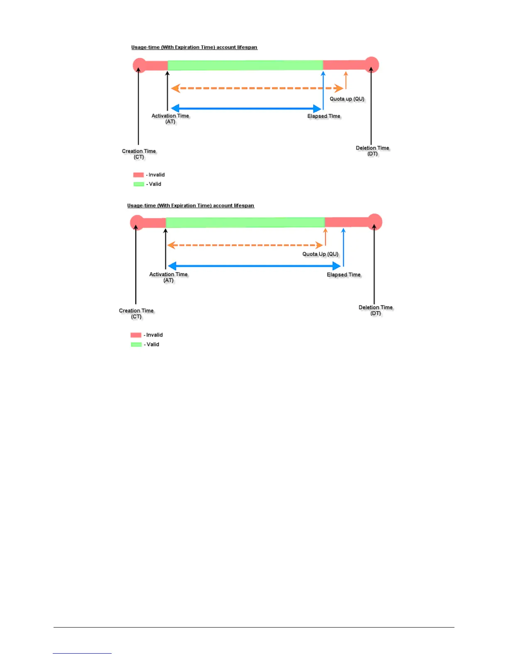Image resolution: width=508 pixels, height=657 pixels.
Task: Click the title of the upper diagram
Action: coord(194,47)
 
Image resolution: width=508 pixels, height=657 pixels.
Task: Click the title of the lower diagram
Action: coord(190,206)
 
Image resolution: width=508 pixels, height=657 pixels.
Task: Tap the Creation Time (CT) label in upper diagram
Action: coord(139,154)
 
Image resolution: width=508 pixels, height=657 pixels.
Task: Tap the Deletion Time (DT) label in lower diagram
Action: coord(376,310)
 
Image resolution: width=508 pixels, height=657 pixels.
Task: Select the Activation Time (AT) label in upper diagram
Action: coord(170,119)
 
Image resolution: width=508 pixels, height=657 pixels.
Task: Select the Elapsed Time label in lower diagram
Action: coord(344,275)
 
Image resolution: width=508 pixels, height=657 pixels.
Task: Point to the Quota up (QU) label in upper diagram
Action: coord(347,99)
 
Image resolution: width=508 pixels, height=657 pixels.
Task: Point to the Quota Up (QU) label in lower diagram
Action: coord(320,254)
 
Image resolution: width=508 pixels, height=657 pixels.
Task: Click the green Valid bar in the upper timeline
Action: coord(245,65)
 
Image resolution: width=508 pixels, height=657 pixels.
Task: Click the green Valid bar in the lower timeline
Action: coord(245,222)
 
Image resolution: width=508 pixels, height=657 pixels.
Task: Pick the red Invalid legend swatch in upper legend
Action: coord(138,175)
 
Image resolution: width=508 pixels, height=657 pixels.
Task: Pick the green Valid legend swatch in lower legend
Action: coord(136,344)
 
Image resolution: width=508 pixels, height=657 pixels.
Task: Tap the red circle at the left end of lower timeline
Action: coord(137,222)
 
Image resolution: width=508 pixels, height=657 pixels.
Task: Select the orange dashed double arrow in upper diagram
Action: coord(257,88)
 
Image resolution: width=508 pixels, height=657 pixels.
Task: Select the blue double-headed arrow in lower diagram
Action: coord(254,266)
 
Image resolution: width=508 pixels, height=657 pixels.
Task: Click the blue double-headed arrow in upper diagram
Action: coord(246,109)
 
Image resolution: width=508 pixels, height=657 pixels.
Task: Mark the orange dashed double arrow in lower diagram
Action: coord(245,245)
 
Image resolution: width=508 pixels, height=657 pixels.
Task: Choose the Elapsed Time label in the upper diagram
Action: coord(324,116)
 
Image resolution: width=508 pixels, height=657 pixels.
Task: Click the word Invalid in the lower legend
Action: coord(154,335)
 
